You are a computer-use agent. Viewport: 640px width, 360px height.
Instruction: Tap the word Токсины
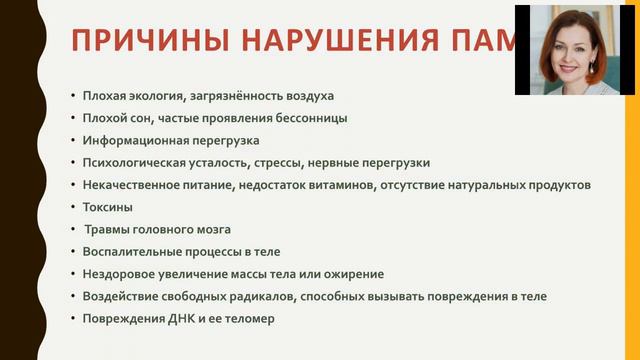(x=108, y=207)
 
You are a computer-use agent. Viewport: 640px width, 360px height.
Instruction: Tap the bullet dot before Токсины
(x=72, y=208)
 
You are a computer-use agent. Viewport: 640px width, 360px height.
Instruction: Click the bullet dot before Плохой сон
(x=72, y=119)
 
